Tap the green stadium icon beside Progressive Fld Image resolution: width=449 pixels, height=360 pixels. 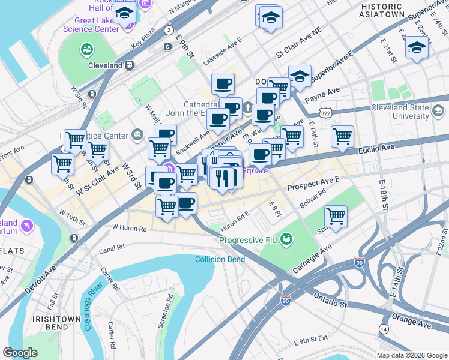point(287,240)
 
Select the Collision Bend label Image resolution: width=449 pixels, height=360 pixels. point(220,259)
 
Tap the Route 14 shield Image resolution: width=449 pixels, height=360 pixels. point(383,328)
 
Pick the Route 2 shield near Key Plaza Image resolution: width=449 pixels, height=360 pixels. point(169,30)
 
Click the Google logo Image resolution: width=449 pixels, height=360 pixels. point(20,353)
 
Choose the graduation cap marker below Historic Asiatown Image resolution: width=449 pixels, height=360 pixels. point(416,47)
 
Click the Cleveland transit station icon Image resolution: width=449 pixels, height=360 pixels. point(128,65)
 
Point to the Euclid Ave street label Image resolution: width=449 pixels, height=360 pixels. point(377,146)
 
